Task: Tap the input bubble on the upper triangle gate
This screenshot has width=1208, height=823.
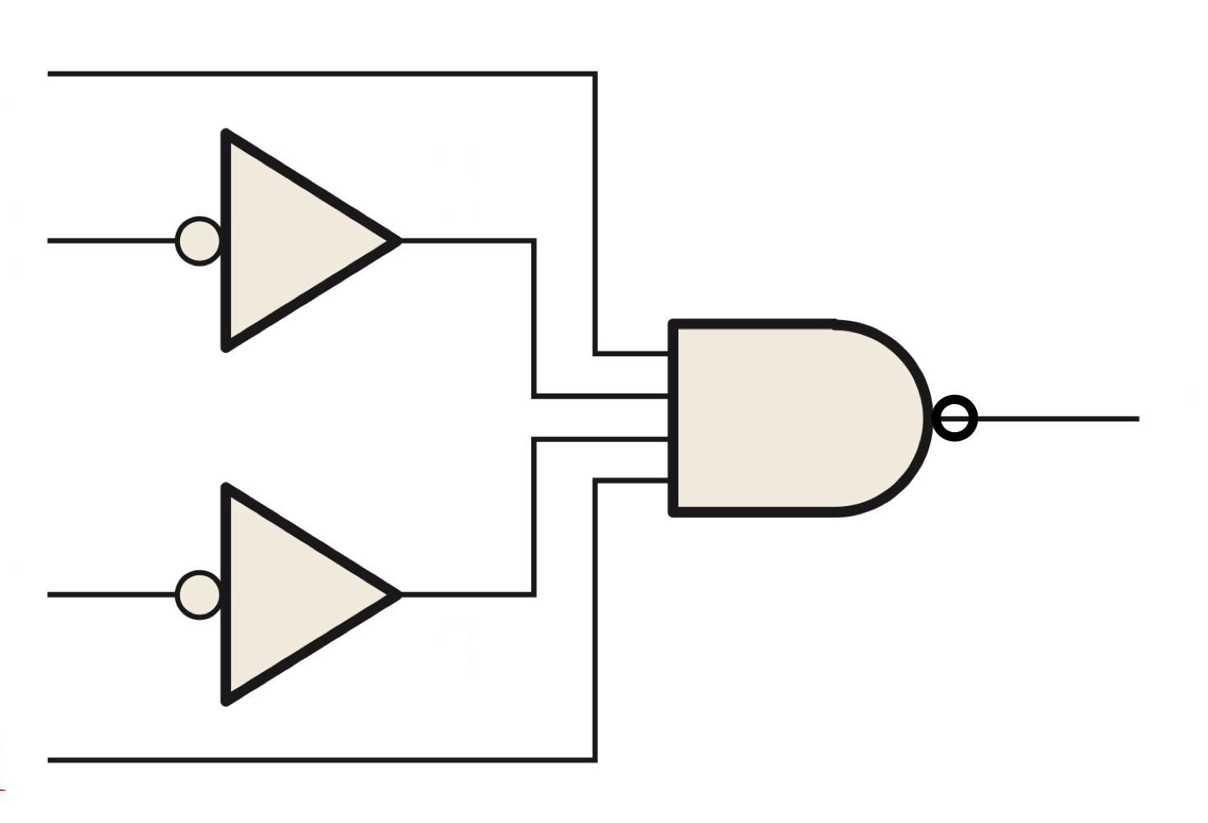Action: (199, 241)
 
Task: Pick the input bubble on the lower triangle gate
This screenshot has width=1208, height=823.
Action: (199, 594)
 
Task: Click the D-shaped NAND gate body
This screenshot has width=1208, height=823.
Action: (789, 418)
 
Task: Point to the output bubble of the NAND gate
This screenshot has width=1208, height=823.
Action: (956, 418)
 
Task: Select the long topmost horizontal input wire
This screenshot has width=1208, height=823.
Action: (321, 74)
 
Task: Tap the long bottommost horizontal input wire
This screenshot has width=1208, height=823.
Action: (321, 760)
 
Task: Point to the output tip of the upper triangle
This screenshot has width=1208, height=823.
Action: (398, 240)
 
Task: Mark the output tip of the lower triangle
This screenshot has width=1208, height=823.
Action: (398, 594)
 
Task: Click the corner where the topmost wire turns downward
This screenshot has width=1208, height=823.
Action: (595, 75)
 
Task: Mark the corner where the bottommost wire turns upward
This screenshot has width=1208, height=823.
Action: (595, 760)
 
